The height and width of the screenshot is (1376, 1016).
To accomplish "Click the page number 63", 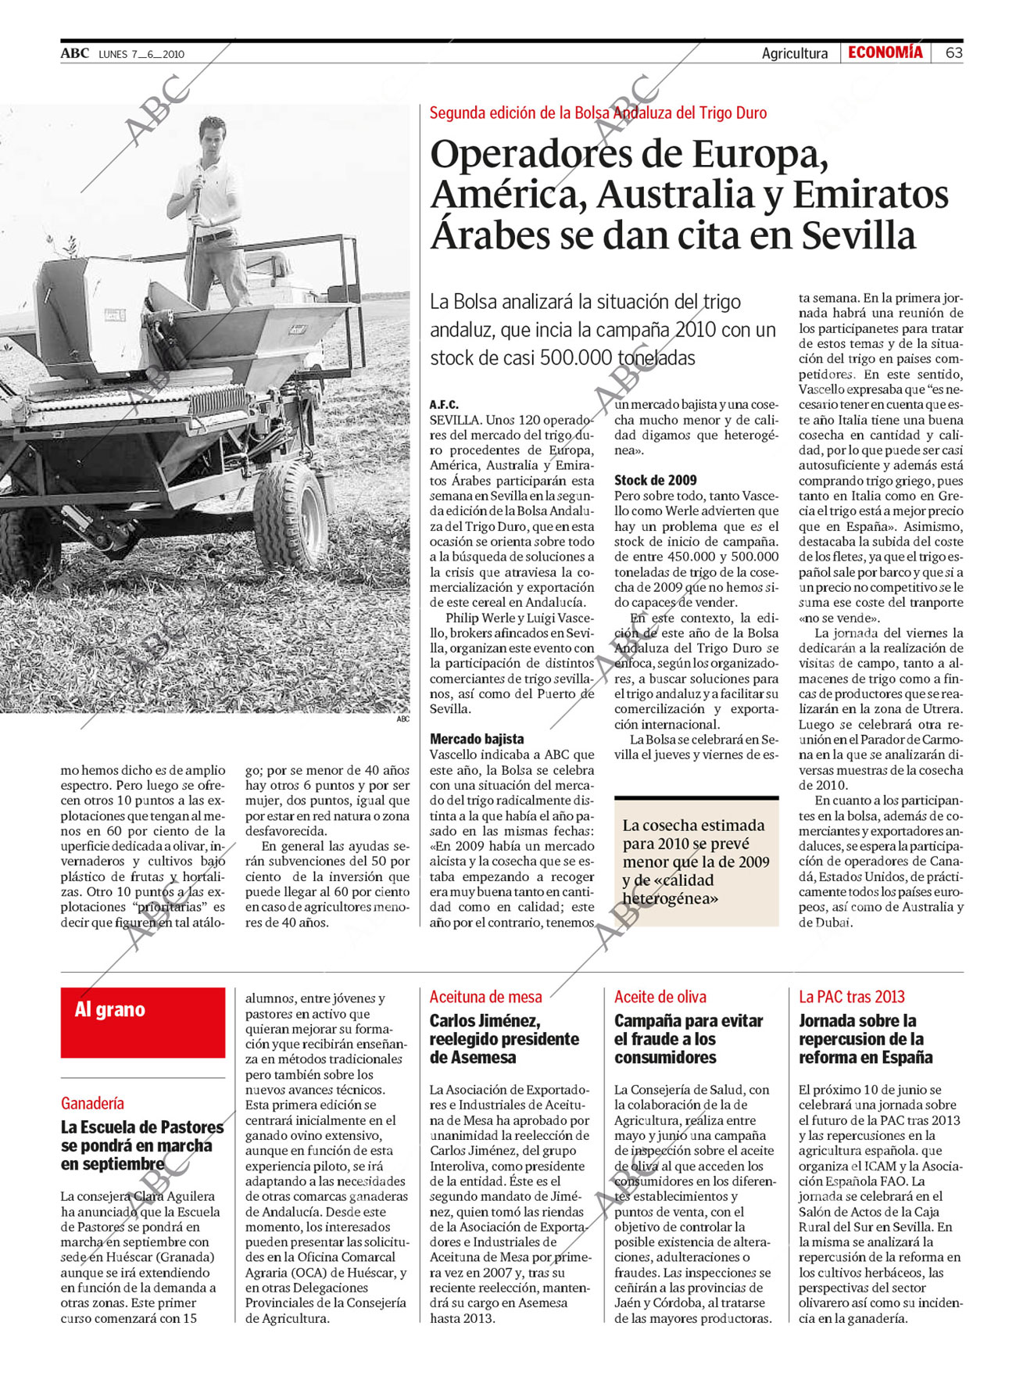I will [953, 53].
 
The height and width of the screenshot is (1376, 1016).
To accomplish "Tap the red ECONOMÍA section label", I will [885, 52].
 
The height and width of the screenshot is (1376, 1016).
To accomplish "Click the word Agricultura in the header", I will [794, 53].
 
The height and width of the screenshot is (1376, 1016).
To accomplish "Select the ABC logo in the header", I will [75, 53].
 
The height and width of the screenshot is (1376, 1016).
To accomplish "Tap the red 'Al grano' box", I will [142, 1022].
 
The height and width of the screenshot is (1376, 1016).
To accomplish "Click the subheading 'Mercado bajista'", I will [477, 739].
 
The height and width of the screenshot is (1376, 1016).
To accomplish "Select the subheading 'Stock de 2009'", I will [655, 480].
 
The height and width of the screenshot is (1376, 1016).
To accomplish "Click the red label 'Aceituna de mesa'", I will [485, 997].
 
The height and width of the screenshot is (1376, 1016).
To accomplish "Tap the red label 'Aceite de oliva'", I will [660, 997].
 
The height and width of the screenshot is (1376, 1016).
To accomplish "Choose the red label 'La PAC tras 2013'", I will [851, 997].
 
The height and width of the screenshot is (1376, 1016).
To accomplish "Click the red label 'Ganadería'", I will [92, 1103].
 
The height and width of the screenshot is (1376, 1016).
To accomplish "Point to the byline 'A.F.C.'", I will [444, 405].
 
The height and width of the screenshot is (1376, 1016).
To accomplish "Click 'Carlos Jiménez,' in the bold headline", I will [485, 1021].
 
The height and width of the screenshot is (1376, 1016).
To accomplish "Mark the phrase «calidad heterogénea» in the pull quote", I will [670, 890].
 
